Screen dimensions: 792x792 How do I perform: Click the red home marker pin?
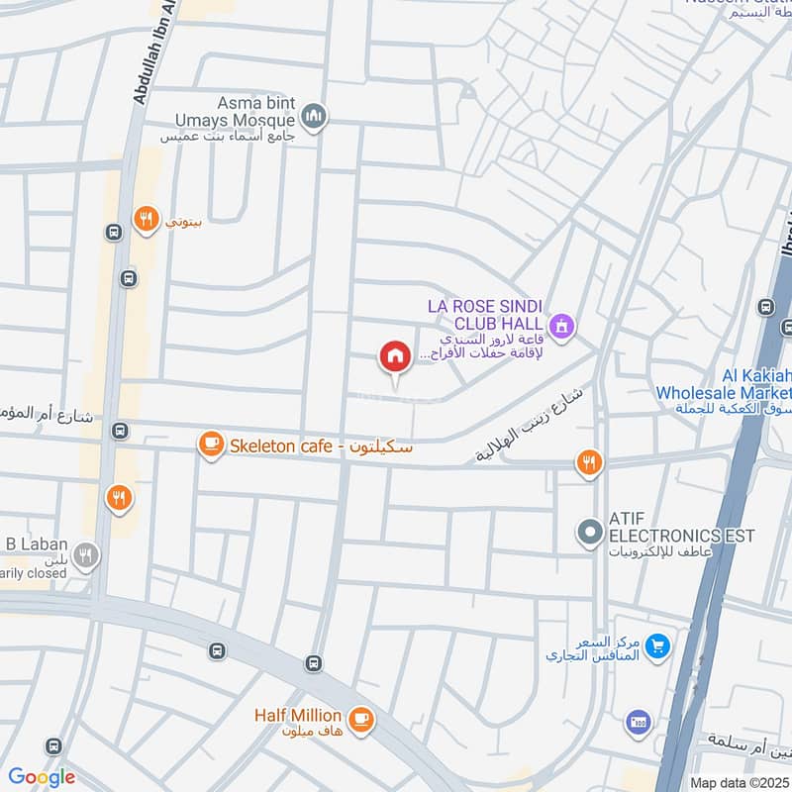point(395,357)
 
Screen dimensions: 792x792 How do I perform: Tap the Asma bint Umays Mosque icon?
point(316,117)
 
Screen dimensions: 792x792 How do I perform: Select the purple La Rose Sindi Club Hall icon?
point(562,325)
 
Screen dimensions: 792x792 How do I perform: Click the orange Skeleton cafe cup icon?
point(211,445)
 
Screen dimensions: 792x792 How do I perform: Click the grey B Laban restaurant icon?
point(87,555)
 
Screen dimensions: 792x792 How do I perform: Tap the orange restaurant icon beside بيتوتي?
point(147,220)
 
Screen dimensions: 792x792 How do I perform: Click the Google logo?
point(42,777)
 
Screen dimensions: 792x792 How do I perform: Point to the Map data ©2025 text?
point(739,782)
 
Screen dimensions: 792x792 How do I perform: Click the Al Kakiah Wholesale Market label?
point(723,384)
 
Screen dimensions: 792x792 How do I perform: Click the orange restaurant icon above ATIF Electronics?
point(589,462)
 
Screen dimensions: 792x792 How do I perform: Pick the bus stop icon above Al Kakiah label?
point(765,307)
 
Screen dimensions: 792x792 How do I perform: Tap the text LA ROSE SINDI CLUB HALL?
point(485,315)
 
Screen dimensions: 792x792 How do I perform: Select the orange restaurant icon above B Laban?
point(120,498)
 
